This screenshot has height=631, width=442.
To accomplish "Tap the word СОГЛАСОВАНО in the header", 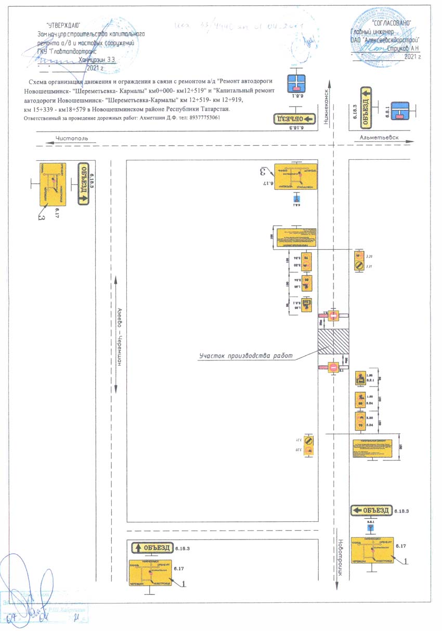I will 392,23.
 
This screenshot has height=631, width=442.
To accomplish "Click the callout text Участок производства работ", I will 245,356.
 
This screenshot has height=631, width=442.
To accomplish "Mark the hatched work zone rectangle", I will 333,342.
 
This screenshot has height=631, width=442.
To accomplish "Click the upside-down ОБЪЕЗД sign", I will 295,119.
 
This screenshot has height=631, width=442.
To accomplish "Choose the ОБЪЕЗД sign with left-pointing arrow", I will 371,510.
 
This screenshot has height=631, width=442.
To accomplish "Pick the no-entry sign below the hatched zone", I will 333,367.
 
